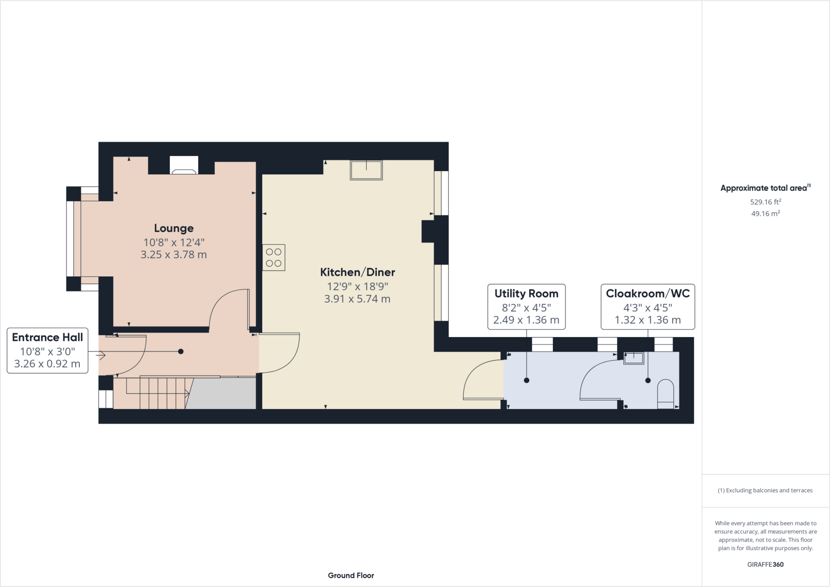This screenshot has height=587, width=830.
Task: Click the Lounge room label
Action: pos(174,228)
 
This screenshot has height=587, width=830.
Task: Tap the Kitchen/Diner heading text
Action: pos(357,272)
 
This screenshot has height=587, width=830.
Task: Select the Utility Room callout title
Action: pos(526,293)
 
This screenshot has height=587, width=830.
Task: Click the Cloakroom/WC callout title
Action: pos(648,293)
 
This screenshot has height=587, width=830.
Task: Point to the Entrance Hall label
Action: pos(47,337)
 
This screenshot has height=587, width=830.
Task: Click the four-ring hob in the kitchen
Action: pos(274,258)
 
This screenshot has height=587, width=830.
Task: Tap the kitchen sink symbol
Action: pos(366,170)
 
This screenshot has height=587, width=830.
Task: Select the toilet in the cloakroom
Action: pos(665,394)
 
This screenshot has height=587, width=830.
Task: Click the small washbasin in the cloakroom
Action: pos(633,358)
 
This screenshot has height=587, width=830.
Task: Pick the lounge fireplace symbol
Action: pos(184,165)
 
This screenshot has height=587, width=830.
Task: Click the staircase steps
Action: pos(158,393)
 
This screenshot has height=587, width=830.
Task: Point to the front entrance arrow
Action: pos(101,355)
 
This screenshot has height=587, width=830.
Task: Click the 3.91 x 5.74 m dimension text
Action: pos(357,299)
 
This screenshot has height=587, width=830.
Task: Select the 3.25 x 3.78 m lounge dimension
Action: pos(173,255)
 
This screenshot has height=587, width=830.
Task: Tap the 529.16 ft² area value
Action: pos(766,201)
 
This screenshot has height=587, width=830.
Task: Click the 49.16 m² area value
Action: pos(766,213)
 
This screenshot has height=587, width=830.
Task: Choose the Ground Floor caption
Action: pos(351,575)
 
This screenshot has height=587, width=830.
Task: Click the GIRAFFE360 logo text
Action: pos(765,564)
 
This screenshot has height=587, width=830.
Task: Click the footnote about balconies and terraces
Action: pos(765,490)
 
